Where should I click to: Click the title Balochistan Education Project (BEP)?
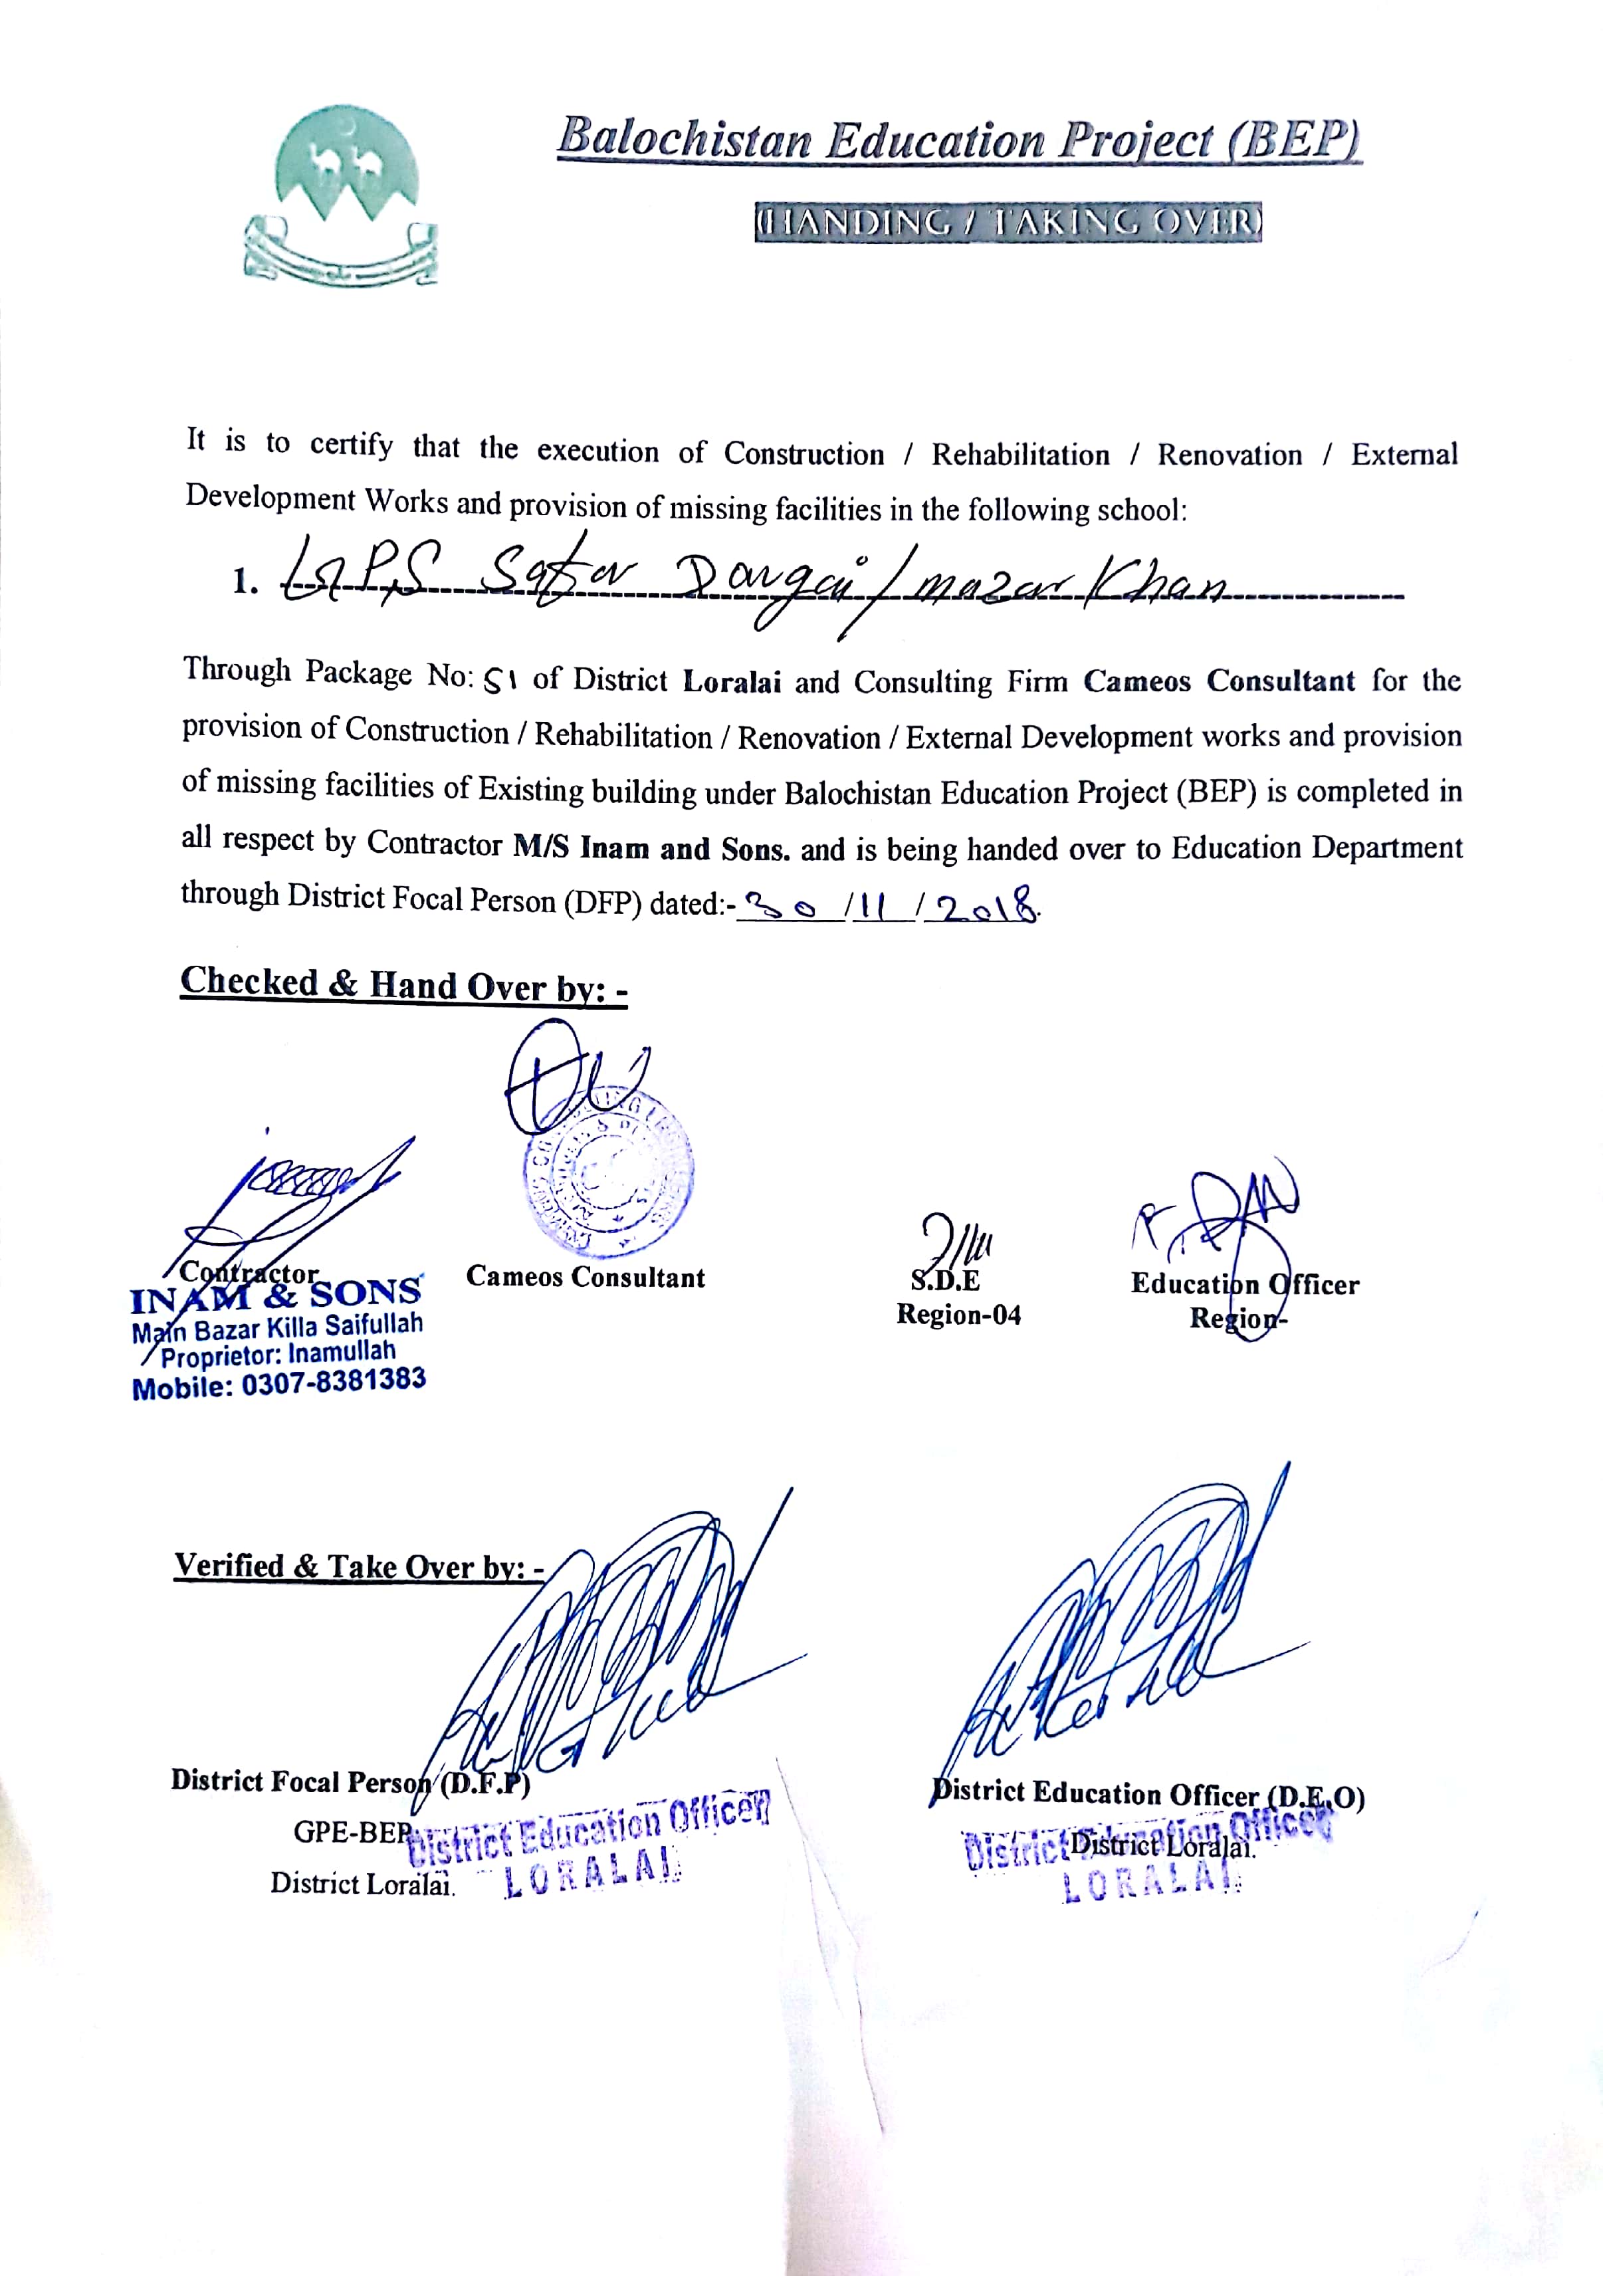(x=958, y=139)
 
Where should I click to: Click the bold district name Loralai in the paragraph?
(x=732, y=682)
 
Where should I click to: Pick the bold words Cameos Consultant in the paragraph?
(x=1218, y=681)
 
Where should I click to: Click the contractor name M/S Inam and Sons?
(x=651, y=848)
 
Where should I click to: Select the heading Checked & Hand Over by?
(x=403, y=984)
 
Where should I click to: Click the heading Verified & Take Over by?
(x=358, y=1566)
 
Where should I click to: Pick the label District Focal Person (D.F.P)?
(x=350, y=1781)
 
